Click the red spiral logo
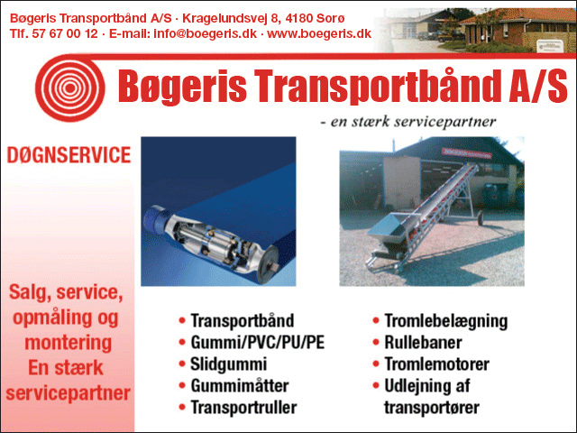coord(70,88)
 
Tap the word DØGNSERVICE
coord(69,155)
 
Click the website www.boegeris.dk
coord(319,33)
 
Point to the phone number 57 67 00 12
coord(65,33)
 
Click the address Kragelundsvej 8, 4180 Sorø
coord(263,18)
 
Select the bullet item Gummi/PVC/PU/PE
coord(257,343)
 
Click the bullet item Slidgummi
coord(228,364)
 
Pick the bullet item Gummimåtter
coord(239,386)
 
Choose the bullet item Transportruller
coord(243,408)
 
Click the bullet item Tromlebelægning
coord(445,321)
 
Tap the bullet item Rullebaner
coord(423,343)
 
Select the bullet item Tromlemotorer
coord(436,364)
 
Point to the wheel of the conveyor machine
coord(481,217)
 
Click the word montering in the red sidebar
coord(69,343)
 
